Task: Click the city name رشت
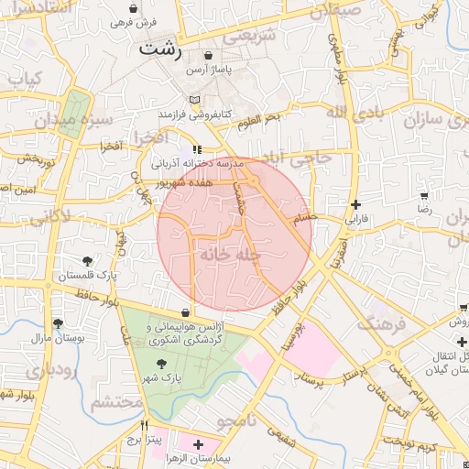161,50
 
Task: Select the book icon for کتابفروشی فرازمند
193,100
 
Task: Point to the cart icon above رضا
424,196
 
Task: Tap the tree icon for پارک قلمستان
87,261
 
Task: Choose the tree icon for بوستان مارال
58,323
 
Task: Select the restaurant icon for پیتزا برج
144,426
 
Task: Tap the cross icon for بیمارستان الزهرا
198,443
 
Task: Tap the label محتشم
118,401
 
